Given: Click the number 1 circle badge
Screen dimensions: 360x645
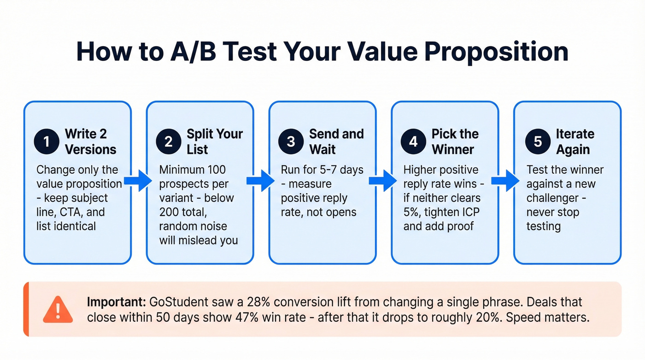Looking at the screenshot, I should (47, 142).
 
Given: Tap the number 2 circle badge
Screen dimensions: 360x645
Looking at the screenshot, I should (169, 142).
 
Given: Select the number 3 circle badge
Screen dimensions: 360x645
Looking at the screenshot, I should (291, 142).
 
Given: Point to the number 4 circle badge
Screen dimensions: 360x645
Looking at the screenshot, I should (414, 142).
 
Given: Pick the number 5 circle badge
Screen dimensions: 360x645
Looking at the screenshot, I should (538, 142).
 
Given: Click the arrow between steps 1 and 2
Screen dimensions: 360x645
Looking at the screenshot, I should (138, 180).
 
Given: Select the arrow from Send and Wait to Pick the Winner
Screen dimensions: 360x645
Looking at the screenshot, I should (383, 180).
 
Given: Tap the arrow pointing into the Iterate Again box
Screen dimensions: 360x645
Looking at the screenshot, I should (505, 180).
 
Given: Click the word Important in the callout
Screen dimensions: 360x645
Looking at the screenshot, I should (115, 302).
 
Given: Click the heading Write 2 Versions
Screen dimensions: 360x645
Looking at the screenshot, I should (91, 142).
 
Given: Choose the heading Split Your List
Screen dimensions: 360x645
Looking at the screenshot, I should (214, 142).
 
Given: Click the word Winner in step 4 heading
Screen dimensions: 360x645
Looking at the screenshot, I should (452, 149).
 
